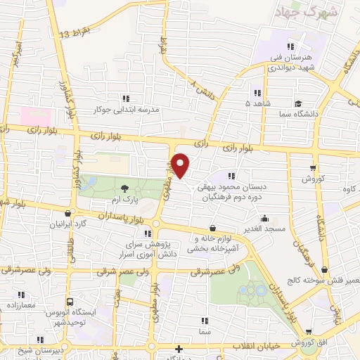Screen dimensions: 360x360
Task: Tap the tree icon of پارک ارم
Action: point(124,188)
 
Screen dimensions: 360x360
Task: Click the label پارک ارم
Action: point(124,199)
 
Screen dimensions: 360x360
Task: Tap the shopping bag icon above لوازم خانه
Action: point(212,228)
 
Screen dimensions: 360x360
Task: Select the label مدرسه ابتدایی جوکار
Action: point(127,110)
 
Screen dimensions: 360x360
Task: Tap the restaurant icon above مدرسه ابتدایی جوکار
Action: point(127,98)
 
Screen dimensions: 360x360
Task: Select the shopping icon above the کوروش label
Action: point(314,168)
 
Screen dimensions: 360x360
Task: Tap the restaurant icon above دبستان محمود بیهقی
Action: point(231,175)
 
